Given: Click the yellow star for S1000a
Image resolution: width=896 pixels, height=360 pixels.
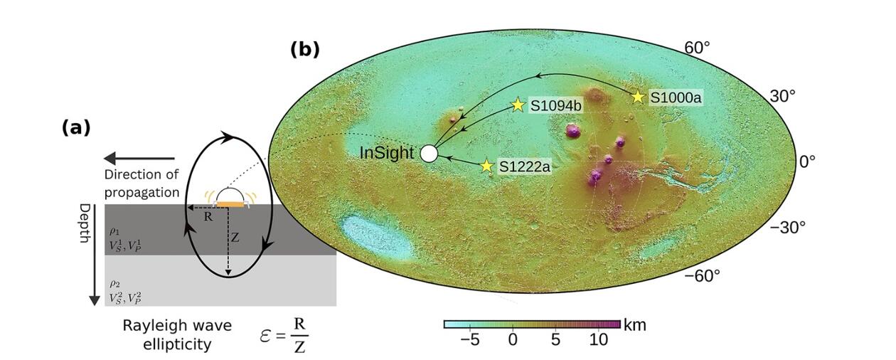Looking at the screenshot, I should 638,96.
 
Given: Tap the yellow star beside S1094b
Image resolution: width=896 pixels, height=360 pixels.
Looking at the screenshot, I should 518,105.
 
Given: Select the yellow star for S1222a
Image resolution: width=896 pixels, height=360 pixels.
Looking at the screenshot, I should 486,166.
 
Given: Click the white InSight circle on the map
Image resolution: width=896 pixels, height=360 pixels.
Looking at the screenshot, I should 428,153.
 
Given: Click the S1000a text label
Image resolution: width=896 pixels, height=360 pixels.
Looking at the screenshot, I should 674,97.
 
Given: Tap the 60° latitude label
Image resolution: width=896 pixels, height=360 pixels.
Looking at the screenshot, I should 698,48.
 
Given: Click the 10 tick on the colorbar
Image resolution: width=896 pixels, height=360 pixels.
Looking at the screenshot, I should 599,340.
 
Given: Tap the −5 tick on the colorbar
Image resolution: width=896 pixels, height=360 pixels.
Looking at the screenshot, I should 469,340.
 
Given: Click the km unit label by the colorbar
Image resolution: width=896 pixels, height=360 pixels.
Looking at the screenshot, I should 634,326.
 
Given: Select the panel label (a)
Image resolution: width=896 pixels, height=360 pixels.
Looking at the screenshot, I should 76,127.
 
